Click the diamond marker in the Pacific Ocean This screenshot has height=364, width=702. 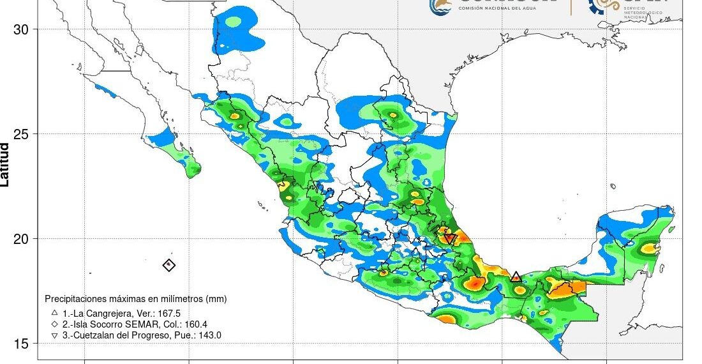click(x=168, y=265)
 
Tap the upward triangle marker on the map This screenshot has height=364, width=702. click(x=516, y=277)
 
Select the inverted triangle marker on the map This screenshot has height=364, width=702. click(x=449, y=239)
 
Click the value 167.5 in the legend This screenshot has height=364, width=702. click(x=169, y=313)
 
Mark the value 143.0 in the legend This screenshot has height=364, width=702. click(x=208, y=335)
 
